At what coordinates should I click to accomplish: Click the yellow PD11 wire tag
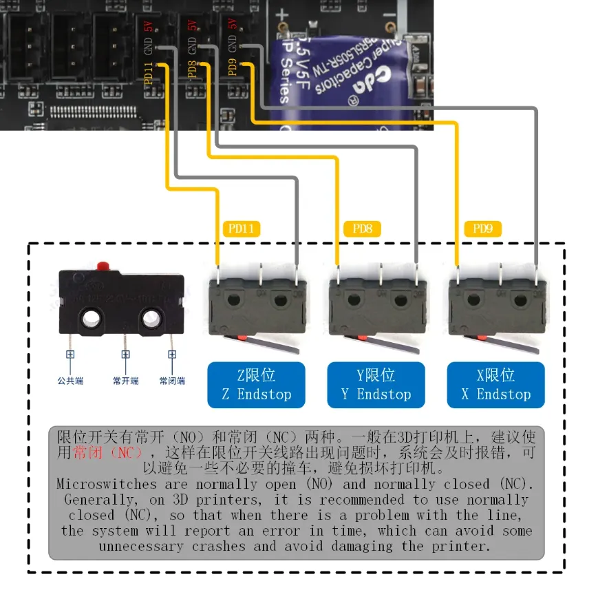click(x=242, y=229)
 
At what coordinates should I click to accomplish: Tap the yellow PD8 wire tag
click(x=362, y=229)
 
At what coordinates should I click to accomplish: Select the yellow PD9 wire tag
click(x=487, y=229)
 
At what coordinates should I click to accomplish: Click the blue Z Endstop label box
click(x=256, y=385)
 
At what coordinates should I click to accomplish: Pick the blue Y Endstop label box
click(x=376, y=385)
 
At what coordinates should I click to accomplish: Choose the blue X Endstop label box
click(x=495, y=385)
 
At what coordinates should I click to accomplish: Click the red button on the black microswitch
click(x=103, y=264)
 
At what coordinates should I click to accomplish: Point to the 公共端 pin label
click(x=70, y=380)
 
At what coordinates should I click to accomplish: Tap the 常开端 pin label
click(x=125, y=380)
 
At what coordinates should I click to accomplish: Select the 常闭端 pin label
click(x=172, y=380)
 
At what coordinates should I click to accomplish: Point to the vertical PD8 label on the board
click(x=192, y=70)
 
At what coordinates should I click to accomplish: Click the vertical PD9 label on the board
click(x=233, y=70)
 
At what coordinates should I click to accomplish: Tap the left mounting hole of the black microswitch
click(x=91, y=317)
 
